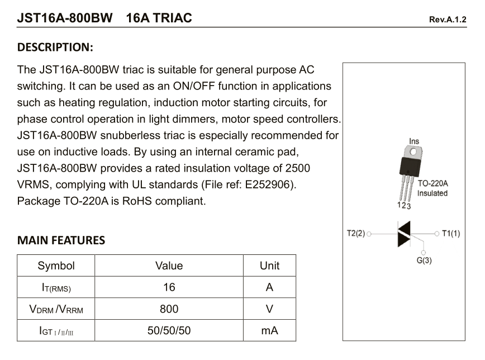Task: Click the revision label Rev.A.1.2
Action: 447,19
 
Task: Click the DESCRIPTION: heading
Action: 55,46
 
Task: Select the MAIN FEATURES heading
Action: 61,241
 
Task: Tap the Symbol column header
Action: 56,266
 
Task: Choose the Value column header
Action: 169,266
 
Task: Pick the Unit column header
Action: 269,266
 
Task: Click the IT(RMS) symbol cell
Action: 56,287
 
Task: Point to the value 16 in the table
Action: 169,287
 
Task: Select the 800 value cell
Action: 169,309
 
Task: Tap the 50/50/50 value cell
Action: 169,330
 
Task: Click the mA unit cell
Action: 269,330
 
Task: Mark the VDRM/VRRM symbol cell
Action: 56,309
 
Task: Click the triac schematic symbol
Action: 403,234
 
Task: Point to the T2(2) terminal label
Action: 355,233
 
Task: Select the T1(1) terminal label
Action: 451,233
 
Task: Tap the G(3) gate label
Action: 424,260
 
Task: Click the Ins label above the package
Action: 413,141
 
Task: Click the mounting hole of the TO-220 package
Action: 413,151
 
